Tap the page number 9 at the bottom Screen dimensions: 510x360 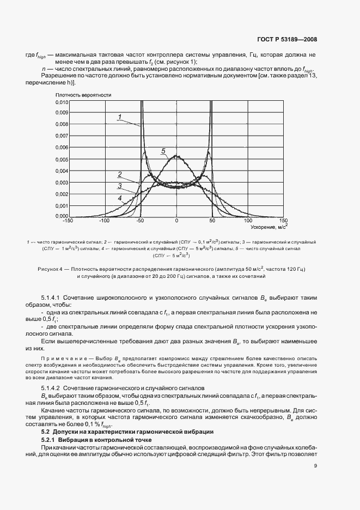316,465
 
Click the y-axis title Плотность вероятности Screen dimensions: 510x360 83,95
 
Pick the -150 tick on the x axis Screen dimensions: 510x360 68,221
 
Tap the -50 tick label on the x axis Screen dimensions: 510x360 140,221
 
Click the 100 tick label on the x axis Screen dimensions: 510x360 248,221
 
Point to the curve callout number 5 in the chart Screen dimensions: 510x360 162,150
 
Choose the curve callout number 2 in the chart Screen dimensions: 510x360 119,174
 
